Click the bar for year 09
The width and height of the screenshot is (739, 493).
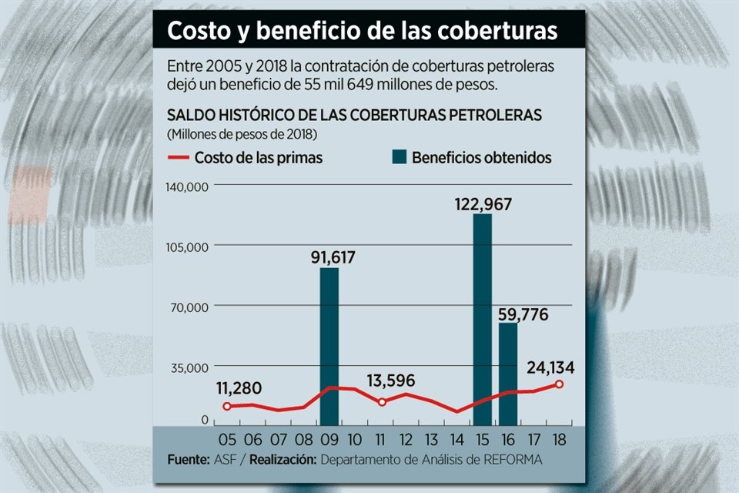point(329,347)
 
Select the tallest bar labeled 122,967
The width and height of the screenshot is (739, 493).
point(483,320)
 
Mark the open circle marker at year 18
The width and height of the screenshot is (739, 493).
point(559,384)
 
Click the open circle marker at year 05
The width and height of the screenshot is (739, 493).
point(226,406)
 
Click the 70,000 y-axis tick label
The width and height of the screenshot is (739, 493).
point(191,307)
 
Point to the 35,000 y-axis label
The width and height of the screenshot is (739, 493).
point(191,367)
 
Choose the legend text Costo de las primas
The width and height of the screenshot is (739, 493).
point(258,158)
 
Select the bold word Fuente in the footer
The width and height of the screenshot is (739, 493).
point(187,460)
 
